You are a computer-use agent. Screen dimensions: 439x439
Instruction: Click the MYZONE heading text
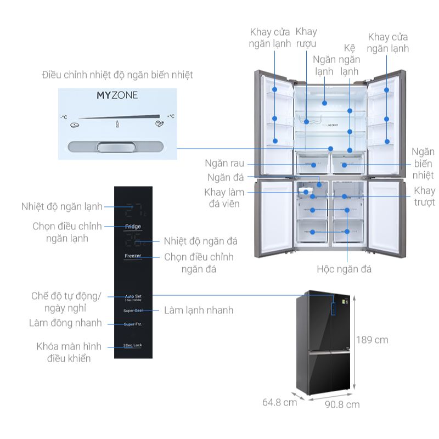[x=117, y=95]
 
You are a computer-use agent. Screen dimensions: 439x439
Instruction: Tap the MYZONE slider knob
[x=115, y=147]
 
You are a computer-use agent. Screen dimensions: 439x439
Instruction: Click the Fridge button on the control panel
[x=133, y=226]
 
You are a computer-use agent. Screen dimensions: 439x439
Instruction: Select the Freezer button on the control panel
[x=133, y=256]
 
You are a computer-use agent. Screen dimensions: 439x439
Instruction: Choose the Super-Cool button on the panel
[x=133, y=311]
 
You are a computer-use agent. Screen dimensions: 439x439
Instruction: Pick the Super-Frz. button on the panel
[x=133, y=324]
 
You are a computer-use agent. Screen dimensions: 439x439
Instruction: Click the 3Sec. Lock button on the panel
[x=133, y=346]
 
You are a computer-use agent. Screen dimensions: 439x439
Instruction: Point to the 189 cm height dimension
[x=372, y=340]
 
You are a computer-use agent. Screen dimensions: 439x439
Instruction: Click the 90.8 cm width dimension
[x=342, y=404]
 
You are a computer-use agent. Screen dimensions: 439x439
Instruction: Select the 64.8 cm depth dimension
[x=279, y=402]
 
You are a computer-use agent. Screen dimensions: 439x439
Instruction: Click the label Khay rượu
[x=306, y=37]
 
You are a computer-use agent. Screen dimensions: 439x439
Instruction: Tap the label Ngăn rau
[x=224, y=163]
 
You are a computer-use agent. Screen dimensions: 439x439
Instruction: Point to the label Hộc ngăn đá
[x=344, y=269]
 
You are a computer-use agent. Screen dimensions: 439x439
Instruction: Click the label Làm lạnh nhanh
[x=199, y=310]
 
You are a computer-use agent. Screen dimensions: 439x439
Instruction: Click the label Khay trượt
[x=424, y=196]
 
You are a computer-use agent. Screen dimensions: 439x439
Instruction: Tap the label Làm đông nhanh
[x=65, y=323]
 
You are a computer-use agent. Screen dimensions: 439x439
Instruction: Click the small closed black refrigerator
[x=325, y=343]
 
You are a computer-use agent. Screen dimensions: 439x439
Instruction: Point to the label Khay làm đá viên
[x=224, y=198]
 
